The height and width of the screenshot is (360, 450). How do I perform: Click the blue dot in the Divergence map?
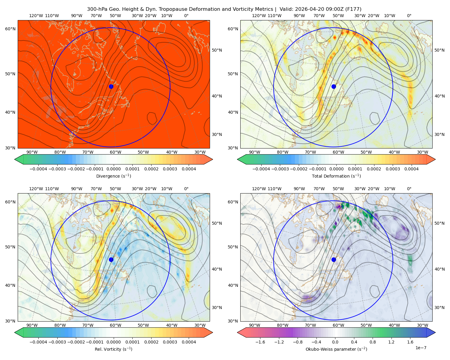(111, 86)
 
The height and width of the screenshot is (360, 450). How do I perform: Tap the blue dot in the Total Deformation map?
(334, 86)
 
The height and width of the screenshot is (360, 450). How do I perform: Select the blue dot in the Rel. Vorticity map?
(111, 259)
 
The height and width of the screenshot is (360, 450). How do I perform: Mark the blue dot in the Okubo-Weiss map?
(334, 259)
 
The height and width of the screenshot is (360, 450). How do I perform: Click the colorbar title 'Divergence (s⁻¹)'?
(113, 176)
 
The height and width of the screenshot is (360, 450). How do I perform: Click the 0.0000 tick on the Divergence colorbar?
(113, 169)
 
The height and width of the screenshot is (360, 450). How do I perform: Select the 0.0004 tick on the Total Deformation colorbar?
(411, 169)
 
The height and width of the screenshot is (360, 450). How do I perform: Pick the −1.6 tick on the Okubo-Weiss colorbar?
(260, 342)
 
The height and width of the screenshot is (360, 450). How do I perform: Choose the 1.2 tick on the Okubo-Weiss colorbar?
(391, 342)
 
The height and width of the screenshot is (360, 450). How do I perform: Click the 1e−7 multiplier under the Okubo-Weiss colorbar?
(421, 348)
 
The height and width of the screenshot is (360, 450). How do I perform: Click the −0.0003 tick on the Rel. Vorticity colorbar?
(57, 342)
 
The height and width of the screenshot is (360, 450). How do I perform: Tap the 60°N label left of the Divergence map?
(10, 29)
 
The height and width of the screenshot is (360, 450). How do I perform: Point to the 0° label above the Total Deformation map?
(409, 16)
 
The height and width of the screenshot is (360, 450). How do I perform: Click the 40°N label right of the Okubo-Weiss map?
(439, 269)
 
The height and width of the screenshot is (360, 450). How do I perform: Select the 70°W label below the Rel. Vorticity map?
(88, 325)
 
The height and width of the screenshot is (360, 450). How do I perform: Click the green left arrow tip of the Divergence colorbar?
(15, 159)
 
